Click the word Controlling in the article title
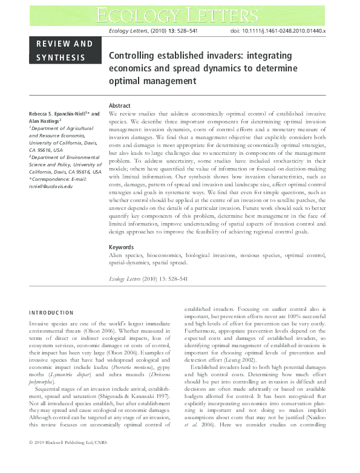[x=133, y=56]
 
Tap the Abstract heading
[x=119, y=106]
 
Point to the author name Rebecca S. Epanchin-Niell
[x=65, y=114]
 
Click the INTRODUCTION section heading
[x=51, y=313]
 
